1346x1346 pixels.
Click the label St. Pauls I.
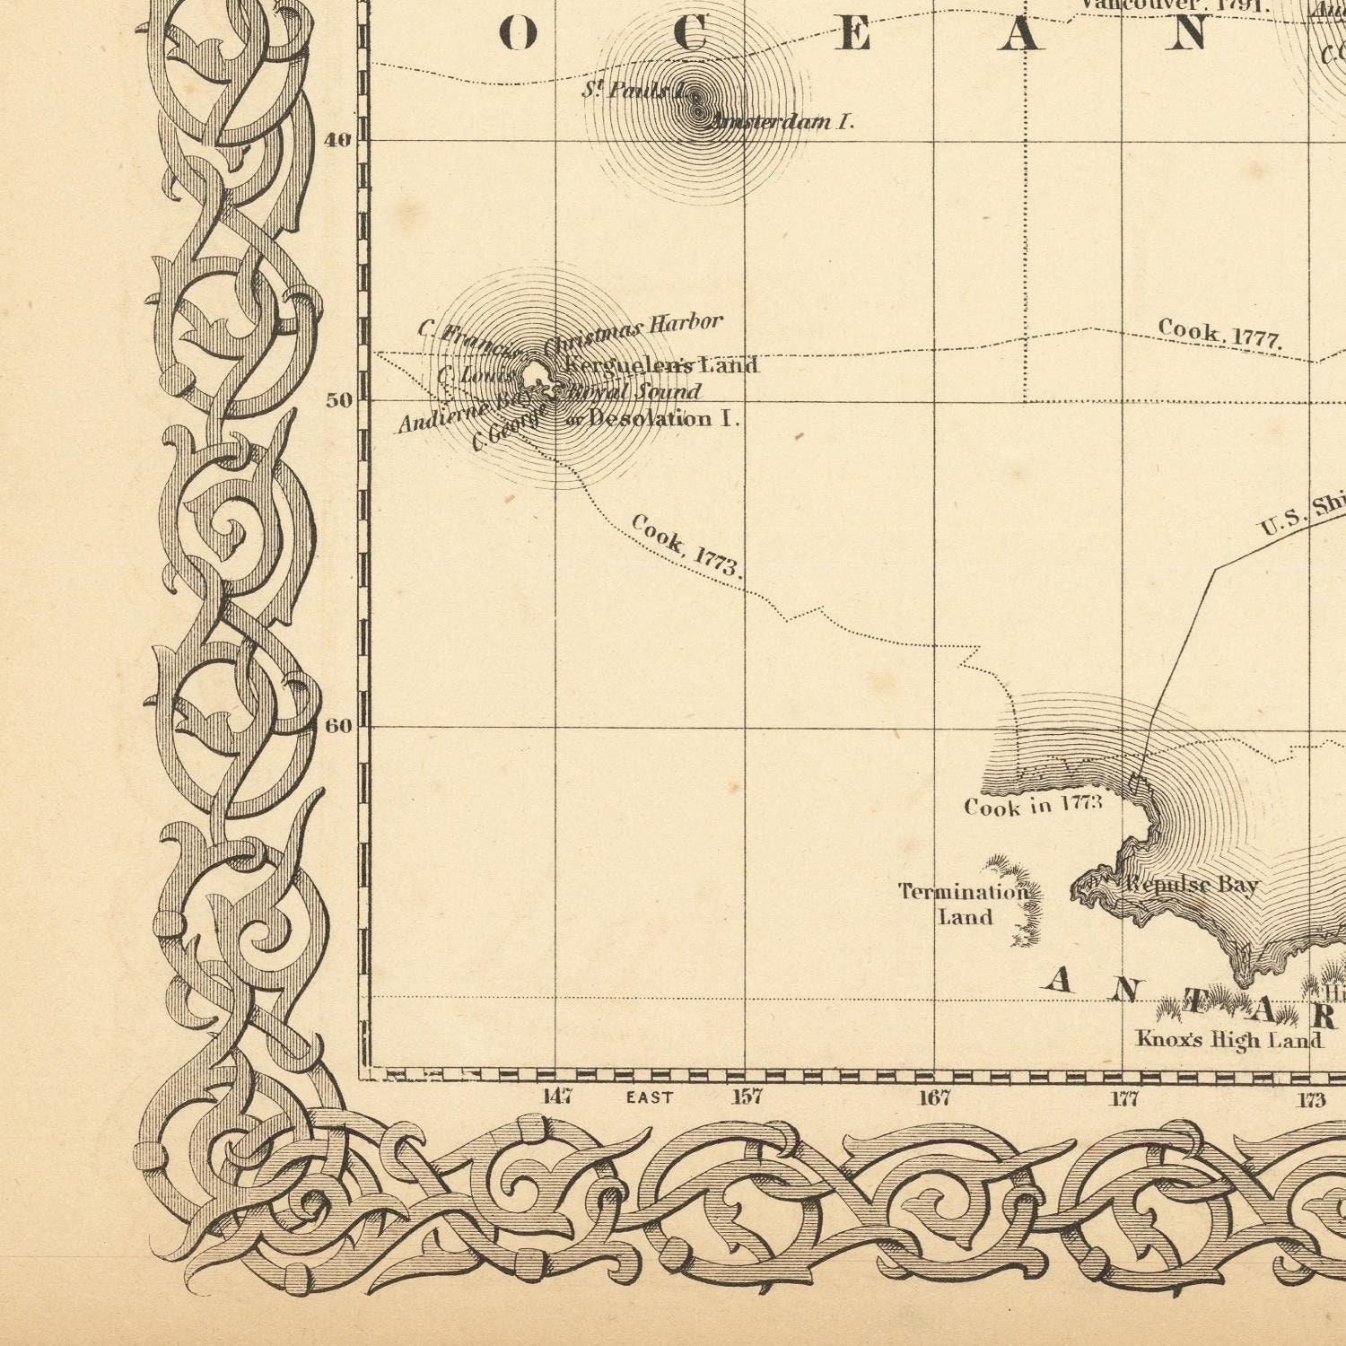click(634, 90)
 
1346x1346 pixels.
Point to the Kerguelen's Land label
click(662, 365)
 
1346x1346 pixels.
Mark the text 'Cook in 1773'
click(1033, 805)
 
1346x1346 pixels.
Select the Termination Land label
click(965, 904)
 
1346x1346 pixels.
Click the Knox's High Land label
click(1228, 1040)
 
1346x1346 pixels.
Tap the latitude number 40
click(338, 140)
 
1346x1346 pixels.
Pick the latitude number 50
click(339, 400)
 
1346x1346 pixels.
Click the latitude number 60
click(338, 726)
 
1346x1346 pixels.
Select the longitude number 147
click(557, 1097)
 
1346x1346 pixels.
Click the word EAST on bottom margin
click(649, 1097)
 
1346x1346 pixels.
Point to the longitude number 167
click(934, 1097)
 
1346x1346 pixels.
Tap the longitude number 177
click(1124, 1098)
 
